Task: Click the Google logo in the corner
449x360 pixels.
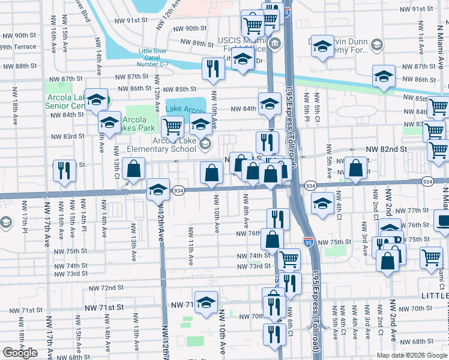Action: pyautogui.click(x=20, y=353)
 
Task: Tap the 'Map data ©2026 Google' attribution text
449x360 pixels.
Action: pyautogui.click(x=412, y=355)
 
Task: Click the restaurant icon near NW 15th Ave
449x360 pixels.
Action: pyautogui.click(x=64, y=170)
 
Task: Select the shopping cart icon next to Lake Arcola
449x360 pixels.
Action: pyautogui.click(x=173, y=127)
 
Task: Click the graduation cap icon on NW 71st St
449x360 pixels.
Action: pyautogui.click(x=206, y=303)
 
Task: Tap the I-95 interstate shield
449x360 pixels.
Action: pyautogui.click(x=308, y=242)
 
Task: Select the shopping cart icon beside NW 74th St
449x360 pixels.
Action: pyautogui.click(x=289, y=259)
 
